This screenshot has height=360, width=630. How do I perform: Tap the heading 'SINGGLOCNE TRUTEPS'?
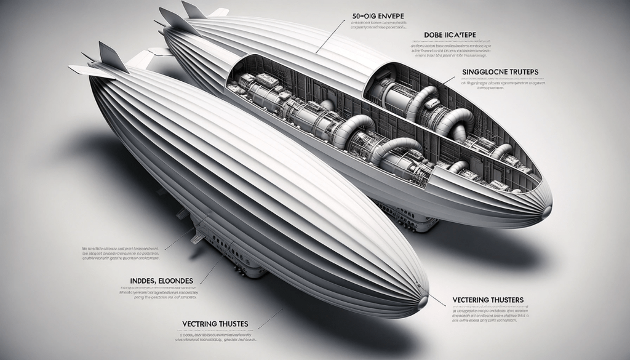[x=500, y=72]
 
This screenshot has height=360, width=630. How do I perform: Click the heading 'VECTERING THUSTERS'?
[x=488, y=300]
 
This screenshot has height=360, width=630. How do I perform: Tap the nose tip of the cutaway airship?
[x=547, y=212]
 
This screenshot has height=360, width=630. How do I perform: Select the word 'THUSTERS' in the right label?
[x=503, y=300]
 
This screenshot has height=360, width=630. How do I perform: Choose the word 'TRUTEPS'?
[x=520, y=72]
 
